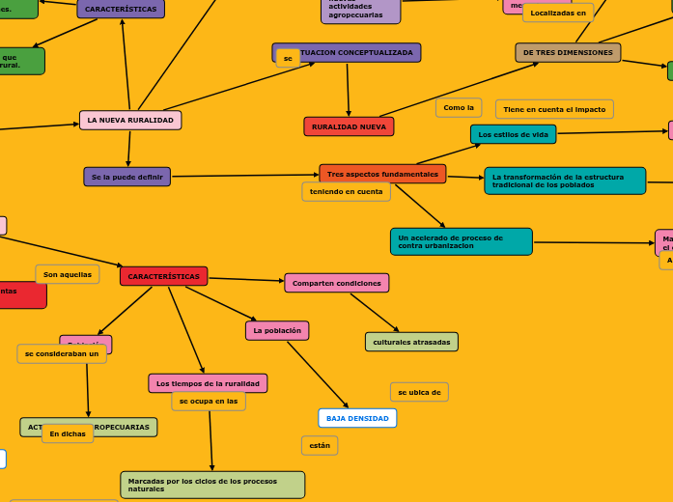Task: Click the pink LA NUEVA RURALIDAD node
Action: [130, 121]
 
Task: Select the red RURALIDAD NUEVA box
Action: [349, 126]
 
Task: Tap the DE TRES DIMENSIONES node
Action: [568, 52]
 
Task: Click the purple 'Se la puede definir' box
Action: [126, 177]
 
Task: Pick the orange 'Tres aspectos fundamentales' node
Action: [382, 174]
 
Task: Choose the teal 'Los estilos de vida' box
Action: [513, 134]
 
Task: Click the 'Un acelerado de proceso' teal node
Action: [461, 241]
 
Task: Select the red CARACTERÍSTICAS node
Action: [163, 276]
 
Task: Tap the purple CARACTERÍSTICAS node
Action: [121, 9]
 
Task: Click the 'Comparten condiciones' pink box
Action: [336, 283]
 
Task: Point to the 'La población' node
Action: [277, 330]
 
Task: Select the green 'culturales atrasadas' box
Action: [411, 342]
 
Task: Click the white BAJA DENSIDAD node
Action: [357, 418]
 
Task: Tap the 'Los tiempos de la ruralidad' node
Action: [208, 383]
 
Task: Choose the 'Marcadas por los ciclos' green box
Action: [212, 485]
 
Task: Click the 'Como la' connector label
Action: [459, 107]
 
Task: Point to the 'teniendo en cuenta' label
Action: [346, 191]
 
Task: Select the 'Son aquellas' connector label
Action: [68, 274]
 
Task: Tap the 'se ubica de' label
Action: [419, 392]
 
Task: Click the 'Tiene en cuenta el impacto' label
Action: [554, 109]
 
